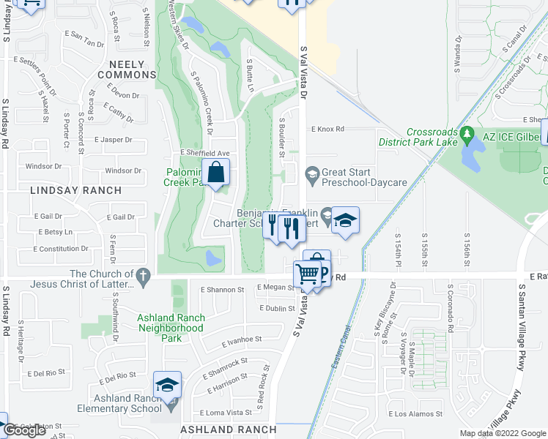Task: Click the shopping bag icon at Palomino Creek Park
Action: [x=217, y=175]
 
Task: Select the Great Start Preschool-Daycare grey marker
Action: [x=312, y=173]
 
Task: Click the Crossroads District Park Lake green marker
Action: [x=467, y=134]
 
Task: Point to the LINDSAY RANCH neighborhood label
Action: [x=75, y=190]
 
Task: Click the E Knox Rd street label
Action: [x=327, y=129]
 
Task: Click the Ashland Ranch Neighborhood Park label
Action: [x=171, y=329]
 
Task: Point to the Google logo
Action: [x=25, y=430]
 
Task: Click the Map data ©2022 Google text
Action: [x=503, y=433]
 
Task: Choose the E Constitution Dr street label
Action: [x=64, y=249]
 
